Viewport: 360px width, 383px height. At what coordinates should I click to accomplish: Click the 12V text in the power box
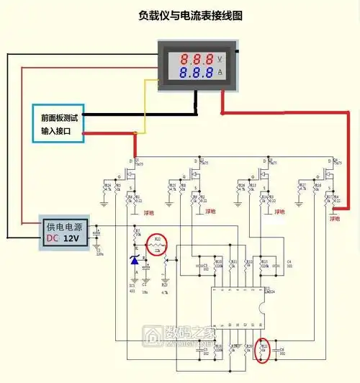tap(70, 238)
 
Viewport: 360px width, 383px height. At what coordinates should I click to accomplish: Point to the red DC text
tap(51, 238)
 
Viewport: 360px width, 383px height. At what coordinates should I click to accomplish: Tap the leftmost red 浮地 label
tap(147, 211)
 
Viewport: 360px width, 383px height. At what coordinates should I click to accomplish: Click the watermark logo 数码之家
tap(180, 335)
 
